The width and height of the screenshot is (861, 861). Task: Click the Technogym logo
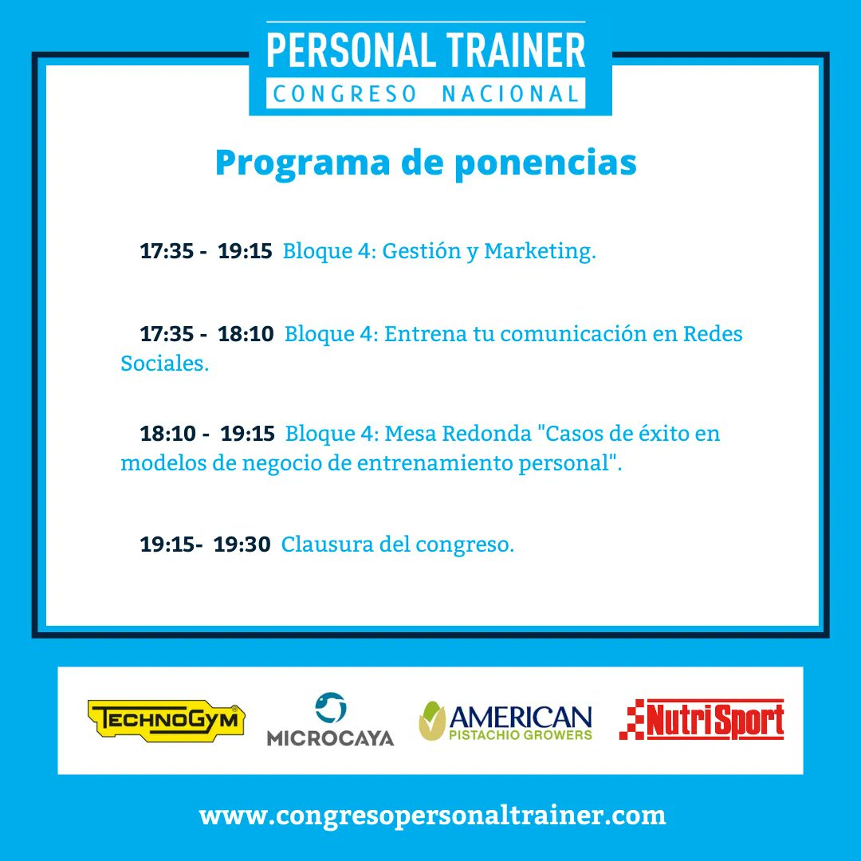166,721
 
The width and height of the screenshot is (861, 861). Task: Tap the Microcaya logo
330,720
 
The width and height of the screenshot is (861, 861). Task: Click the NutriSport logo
702,720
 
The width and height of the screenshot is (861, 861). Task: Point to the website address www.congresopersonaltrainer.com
432,816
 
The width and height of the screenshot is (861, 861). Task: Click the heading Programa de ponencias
426,163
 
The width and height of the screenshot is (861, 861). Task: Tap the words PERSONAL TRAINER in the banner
426,50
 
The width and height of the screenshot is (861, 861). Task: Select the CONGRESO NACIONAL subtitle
426,94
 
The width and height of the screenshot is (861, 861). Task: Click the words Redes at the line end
713,333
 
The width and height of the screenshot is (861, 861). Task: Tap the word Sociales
164,364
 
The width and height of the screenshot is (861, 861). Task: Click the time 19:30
242,545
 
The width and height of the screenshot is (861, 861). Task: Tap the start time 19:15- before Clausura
171,545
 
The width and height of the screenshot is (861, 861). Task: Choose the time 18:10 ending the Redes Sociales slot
246,333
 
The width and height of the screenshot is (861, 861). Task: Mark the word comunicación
571,333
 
